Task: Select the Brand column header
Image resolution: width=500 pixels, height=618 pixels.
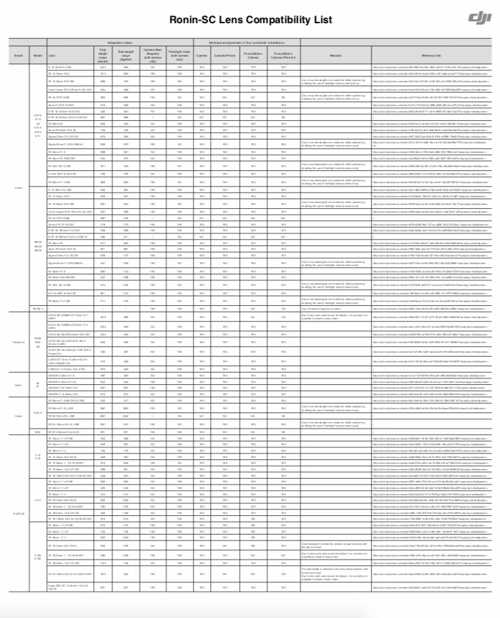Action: click(19, 56)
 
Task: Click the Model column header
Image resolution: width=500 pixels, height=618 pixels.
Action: click(37, 56)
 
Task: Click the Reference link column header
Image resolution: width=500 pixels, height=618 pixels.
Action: click(430, 56)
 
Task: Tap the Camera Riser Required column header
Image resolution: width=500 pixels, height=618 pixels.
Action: click(152, 54)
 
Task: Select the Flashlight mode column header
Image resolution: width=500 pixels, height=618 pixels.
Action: click(179, 54)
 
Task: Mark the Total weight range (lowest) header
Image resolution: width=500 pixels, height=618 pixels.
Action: click(103, 54)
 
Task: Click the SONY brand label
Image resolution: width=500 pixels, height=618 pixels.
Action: click(19, 187)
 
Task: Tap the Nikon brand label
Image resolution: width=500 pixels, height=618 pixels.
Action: click(19, 385)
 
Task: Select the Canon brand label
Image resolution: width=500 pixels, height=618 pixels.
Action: click(19, 416)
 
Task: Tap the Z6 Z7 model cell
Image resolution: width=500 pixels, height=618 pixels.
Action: click(37, 385)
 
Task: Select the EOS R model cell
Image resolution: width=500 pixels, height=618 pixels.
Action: click(37, 412)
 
